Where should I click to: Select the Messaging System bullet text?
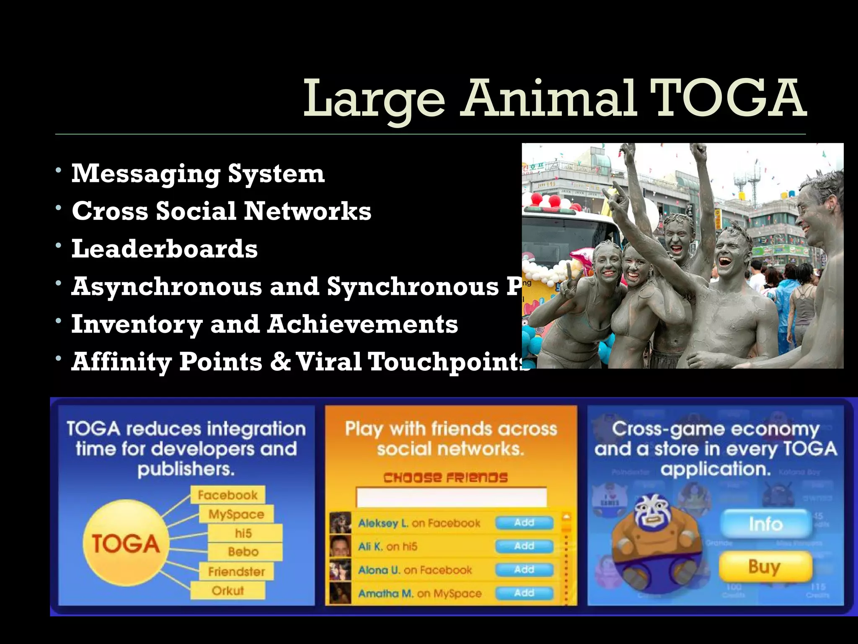point(198,173)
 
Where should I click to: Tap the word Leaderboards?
point(164,249)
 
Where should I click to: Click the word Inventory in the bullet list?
point(137,324)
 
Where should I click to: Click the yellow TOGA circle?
point(126,544)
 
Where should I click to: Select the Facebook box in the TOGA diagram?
point(227,495)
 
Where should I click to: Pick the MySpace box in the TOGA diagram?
point(236,514)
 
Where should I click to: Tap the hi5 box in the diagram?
point(243,533)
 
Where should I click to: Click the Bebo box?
point(243,552)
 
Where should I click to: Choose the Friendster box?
point(236,571)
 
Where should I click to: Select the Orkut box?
point(227,591)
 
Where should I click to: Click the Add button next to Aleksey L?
point(524,523)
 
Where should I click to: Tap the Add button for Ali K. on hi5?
point(524,546)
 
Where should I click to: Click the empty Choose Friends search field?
point(451,497)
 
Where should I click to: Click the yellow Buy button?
point(765,566)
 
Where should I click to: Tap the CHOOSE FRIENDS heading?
point(445,478)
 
